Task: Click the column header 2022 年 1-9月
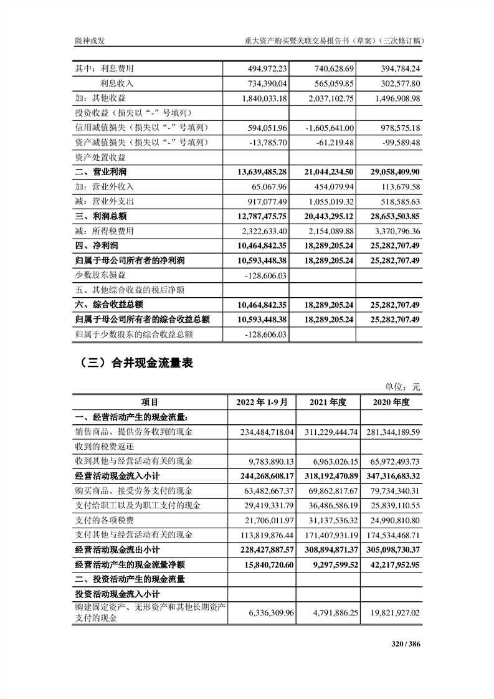pyautogui.click(x=262, y=402)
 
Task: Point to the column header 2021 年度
pyautogui.click(x=329, y=402)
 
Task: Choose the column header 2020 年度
pyautogui.click(x=391, y=402)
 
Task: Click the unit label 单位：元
pyautogui.click(x=404, y=387)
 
